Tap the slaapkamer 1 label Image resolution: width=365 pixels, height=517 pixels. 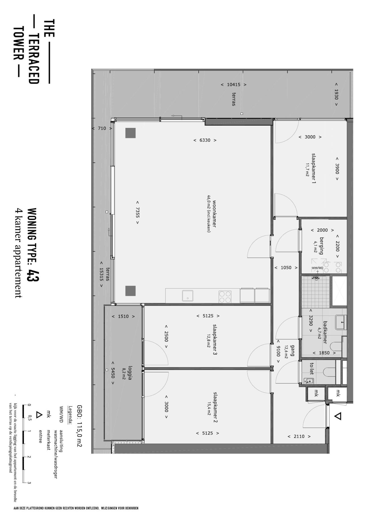[x=314, y=168]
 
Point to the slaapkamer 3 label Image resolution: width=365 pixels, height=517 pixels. [x=215, y=339]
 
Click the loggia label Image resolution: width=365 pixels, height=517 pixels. [x=130, y=373]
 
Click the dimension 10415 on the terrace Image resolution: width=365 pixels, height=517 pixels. [x=234, y=85]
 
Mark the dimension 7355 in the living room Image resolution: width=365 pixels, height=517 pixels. [x=138, y=212]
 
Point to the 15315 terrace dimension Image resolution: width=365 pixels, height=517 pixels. [x=101, y=274]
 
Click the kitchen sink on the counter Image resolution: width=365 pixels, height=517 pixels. [x=188, y=295]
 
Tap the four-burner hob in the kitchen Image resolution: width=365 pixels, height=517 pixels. [x=225, y=296]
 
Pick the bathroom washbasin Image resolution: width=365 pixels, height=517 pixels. [x=341, y=323]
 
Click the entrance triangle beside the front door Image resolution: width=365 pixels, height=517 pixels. [x=338, y=416]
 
